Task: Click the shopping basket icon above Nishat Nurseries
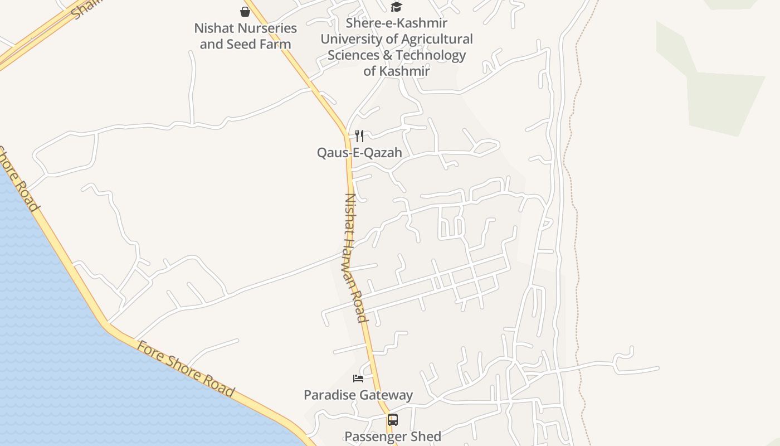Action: click(x=245, y=11)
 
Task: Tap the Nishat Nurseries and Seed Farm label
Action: click(x=245, y=36)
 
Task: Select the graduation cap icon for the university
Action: click(x=396, y=7)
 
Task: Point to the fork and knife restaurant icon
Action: click(x=359, y=135)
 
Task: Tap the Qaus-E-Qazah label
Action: click(x=359, y=152)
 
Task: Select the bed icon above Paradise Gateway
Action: click(x=358, y=379)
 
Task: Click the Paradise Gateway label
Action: click(x=358, y=395)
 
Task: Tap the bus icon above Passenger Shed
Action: click(x=393, y=420)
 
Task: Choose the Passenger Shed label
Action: click(x=393, y=437)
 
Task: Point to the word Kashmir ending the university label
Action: click(x=405, y=71)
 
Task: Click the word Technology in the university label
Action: click(x=431, y=55)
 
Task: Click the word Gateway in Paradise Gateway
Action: click(x=386, y=395)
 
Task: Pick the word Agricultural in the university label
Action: click(x=435, y=40)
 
